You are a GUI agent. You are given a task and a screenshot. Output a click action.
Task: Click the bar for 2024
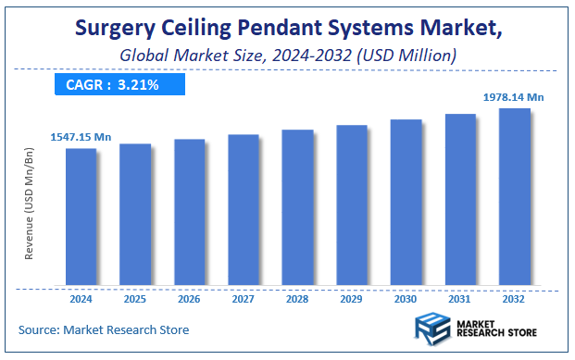pyautogui.click(x=81, y=217)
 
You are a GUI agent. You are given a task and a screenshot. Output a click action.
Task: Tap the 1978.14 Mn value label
pyautogui.click(x=514, y=96)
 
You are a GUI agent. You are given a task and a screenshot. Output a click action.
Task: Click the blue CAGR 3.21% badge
pyautogui.click(x=119, y=85)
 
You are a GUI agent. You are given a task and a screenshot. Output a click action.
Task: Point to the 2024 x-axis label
pyautogui.click(x=81, y=299)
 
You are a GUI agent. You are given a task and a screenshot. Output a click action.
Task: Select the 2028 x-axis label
pyautogui.click(x=297, y=299)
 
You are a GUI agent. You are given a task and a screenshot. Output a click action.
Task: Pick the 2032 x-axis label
pyautogui.click(x=514, y=299)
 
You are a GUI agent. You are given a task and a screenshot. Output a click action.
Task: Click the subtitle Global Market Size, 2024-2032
pyautogui.click(x=287, y=57)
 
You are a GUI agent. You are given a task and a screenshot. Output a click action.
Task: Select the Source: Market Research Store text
pyautogui.click(x=104, y=329)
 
